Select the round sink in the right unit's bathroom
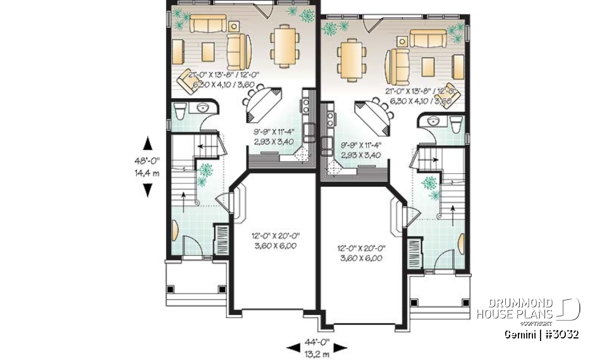pyautogui.click(x=434, y=120)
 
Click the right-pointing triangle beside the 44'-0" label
pyautogui.click(x=341, y=346)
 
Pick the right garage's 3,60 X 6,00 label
pyautogui.click(x=362, y=258)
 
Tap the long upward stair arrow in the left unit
pyautogui.click(x=184, y=196)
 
